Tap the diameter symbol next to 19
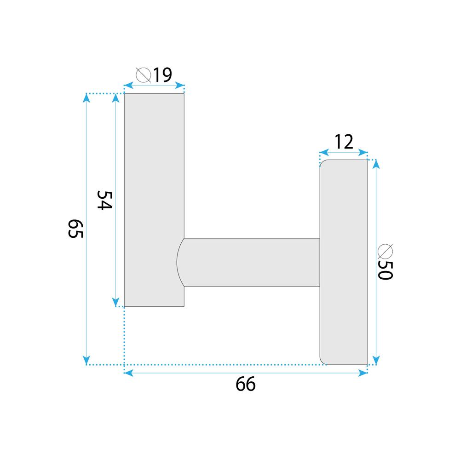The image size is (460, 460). tap(144, 75)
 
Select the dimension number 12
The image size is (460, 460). tap(344, 142)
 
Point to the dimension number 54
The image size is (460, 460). tap(104, 200)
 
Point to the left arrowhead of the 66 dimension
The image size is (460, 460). tap(128, 372)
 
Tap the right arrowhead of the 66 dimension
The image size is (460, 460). tap(364, 372)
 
